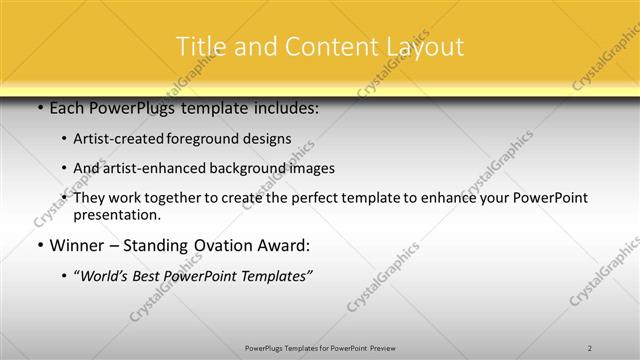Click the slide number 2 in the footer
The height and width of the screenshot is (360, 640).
click(590, 347)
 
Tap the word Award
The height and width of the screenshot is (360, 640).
click(283, 245)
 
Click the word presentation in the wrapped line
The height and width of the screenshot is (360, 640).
click(116, 214)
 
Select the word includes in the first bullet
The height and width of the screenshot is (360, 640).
click(286, 108)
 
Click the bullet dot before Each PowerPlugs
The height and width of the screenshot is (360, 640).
click(39, 108)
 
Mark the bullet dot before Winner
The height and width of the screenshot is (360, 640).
click(39, 245)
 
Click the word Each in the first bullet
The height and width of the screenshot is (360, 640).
click(67, 108)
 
